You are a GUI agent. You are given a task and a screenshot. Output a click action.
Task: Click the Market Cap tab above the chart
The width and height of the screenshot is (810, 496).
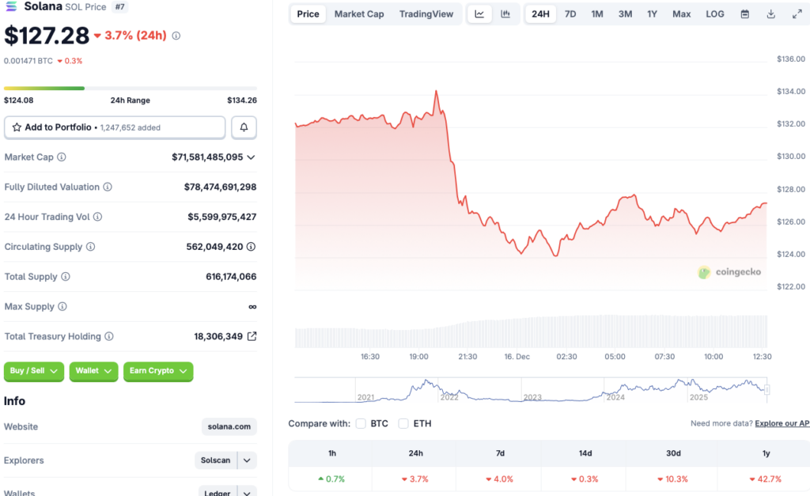[359, 14]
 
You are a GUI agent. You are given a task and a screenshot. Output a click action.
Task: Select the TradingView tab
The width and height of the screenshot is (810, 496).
[426, 14]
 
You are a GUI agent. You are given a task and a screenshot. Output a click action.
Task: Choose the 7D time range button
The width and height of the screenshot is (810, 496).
[570, 14]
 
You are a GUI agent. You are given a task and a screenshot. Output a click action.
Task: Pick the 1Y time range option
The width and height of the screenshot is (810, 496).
[652, 14]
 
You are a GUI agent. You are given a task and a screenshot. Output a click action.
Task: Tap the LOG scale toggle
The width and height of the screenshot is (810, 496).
[714, 14]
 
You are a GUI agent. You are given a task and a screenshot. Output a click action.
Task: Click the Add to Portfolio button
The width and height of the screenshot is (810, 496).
[115, 127]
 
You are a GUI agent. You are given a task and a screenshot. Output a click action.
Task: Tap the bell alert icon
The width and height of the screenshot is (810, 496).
[244, 127]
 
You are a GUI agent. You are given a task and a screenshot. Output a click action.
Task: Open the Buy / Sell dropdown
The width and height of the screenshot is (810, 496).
[34, 371]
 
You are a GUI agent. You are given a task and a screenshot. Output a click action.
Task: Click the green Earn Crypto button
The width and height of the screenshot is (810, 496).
[158, 371]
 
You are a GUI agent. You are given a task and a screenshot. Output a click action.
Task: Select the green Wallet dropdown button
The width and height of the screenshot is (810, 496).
[93, 371]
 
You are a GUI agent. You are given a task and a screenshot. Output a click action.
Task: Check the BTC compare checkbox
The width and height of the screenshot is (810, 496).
[361, 424]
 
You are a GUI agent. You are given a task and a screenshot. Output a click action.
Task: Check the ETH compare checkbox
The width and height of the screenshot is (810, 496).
[403, 424]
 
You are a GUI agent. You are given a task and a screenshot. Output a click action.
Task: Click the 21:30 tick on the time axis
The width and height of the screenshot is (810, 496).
[467, 357]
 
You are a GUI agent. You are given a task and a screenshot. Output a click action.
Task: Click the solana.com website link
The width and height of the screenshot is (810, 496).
[229, 427]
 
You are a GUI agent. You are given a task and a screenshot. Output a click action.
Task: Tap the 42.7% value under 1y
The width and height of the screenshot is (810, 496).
[766, 479]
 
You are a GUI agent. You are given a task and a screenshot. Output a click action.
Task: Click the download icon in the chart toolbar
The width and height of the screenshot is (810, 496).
[770, 14]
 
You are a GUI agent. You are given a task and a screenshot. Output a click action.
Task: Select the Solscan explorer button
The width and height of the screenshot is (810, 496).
[216, 460]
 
